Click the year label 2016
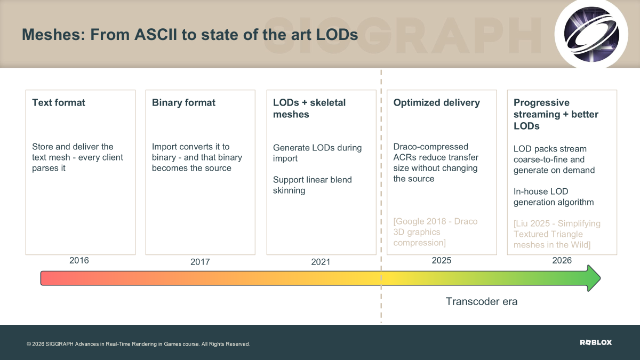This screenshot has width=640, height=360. pos(79,260)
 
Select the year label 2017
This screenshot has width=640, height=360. pos(200,262)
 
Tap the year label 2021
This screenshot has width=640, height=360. pos(321,262)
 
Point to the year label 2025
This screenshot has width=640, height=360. pos(442,260)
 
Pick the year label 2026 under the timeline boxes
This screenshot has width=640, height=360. pos(562,260)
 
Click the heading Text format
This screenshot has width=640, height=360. pos(59,102)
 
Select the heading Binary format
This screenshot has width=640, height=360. pos(183,102)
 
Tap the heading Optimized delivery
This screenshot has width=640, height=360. pos(437,102)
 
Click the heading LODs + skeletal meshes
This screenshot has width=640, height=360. pos(309,108)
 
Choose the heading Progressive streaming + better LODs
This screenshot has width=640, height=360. pos(556,114)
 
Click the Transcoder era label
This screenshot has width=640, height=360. pos(482,301)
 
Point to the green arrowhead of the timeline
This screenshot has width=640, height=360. pos(594,278)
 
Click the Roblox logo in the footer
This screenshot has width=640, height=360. pos(596,342)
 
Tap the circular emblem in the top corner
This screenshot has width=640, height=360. pos(591,34)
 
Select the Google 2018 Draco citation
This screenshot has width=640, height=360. pos(435,232)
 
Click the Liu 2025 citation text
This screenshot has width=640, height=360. pos(557,234)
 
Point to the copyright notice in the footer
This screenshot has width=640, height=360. pos(138,344)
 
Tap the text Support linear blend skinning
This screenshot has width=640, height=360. pos(313,185)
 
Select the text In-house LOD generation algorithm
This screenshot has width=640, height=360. pos(554,197)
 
